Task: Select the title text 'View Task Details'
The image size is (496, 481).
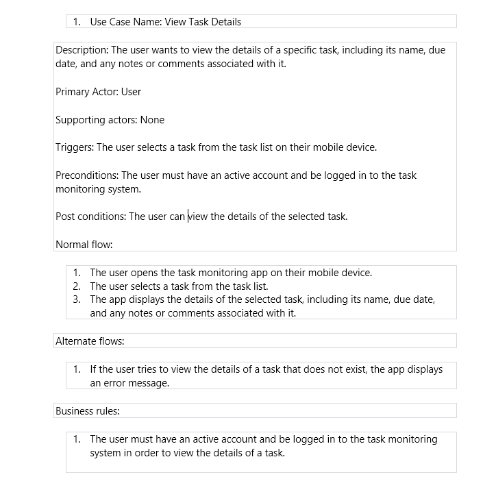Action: click(x=203, y=22)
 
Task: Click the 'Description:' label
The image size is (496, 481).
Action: click(x=82, y=50)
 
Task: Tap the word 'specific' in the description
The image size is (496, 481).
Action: click(x=301, y=50)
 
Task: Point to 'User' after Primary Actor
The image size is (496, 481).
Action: click(x=131, y=92)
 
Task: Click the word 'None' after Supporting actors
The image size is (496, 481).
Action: click(x=152, y=120)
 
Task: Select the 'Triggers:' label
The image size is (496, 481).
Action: click(x=75, y=147)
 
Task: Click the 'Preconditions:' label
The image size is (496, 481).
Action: click(x=87, y=175)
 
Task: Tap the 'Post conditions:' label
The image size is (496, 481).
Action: click(x=90, y=217)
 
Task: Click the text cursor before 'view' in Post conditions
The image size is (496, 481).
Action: click(x=188, y=217)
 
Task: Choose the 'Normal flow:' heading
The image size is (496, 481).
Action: click(x=84, y=245)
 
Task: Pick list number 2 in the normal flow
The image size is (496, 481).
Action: click(x=77, y=286)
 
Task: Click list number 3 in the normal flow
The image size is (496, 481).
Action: click(x=77, y=299)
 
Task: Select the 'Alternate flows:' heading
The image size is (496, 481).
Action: click(x=89, y=341)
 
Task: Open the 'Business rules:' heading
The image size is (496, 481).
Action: click(x=87, y=411)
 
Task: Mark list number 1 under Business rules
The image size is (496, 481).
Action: click(x=77, y=439)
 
